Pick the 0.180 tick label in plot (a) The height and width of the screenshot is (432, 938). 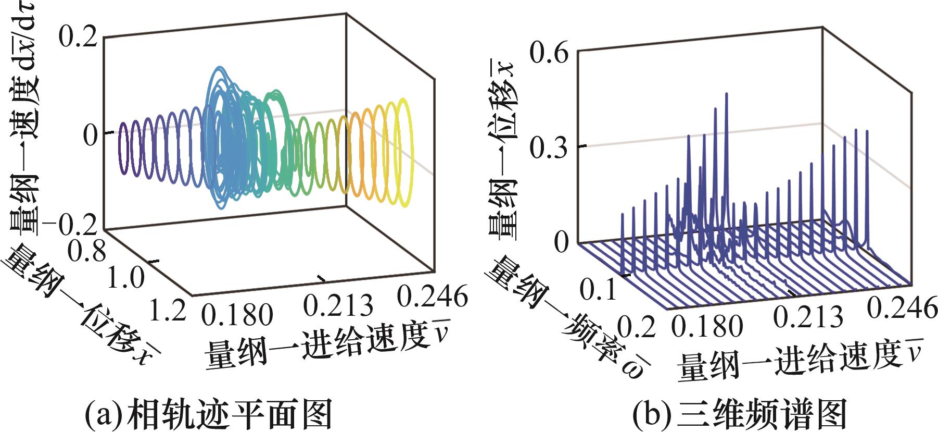coord(237,315)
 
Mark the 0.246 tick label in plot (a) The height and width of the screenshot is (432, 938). coord(432,297)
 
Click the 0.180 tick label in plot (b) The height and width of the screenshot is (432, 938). coord(706,326)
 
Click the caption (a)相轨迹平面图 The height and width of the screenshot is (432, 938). coord(208,414)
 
